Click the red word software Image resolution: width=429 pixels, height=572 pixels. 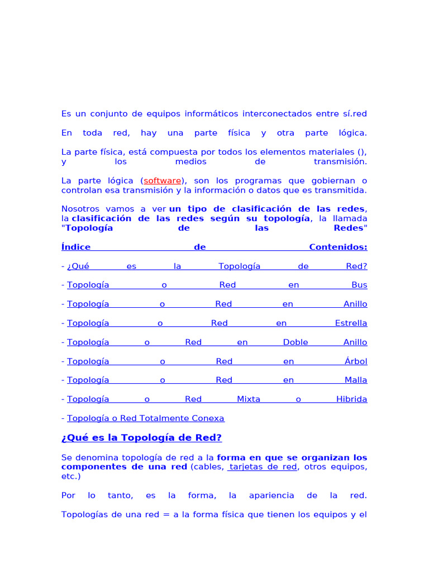[x=163, y=180]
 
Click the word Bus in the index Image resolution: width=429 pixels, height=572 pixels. [x=359, y=285]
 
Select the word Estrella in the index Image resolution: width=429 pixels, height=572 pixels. [x=351, y=323]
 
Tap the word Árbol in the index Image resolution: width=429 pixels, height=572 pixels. [x=356, y=361]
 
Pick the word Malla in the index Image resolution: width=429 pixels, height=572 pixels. [x=356, y=380]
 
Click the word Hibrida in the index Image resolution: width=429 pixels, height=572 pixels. [x=351, y=399]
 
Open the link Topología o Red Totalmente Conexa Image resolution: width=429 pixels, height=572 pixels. [x=145, y=418]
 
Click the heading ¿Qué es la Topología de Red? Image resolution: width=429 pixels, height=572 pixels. [x=141, y=438]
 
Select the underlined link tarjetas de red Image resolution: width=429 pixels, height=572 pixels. [x=263, y=467]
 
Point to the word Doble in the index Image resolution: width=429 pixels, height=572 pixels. [x=295, y=342]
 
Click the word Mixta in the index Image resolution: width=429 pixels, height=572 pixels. [x=249, y=399]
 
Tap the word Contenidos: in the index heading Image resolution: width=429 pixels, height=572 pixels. [x=338, y=247]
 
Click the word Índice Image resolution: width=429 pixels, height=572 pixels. [x=76, y=247]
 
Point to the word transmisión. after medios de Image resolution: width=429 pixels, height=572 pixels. [x=340, y=161]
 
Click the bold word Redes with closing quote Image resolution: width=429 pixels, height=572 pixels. [x=350, y=228]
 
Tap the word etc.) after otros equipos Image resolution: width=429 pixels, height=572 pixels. [x=71, y=476]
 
